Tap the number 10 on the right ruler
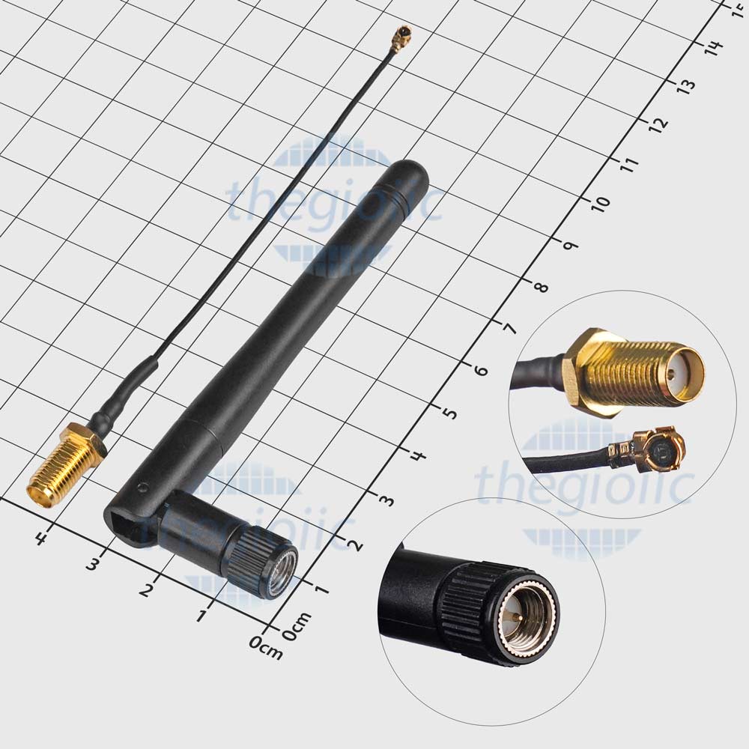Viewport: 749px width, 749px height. (601, 202)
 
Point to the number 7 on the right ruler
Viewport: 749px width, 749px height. (509, 329)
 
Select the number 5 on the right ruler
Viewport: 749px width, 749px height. (449, 412)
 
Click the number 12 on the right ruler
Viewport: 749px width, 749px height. (658, 124)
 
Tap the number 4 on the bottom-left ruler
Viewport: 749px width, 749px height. (41, 539)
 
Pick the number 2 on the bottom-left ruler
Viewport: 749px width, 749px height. (147, 589)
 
